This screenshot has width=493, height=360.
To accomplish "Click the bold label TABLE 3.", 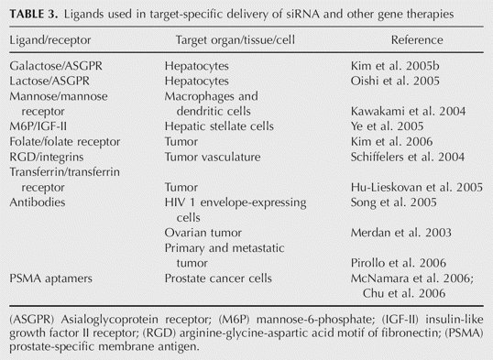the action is pyautogui.click(x=34, y=14).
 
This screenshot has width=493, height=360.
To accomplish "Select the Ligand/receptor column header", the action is pyautogui.click(x=50, y=40).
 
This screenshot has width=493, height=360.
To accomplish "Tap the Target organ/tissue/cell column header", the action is pyautogui.click(x=236, y=40).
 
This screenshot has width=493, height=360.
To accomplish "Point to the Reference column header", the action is pyautogui.click(x=417, y=40).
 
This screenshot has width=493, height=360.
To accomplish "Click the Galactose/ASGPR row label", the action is pyautogui.click(x=56, y=66).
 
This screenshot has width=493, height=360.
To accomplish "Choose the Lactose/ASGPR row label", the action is pyautogui.click(x=49, y=82).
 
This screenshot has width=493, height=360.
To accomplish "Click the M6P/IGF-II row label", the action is pyautogui.click(x=38, y=126).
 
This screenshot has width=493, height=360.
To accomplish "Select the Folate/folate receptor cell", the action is pyautogui.click(x=65, y=142).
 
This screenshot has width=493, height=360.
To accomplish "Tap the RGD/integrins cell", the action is pyautogui.click(x=47, y=157).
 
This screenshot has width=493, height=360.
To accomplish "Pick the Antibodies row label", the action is pyautogui.click(x=38, y=202).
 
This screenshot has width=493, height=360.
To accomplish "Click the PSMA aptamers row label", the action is pyautogui.click(x=51, y=278).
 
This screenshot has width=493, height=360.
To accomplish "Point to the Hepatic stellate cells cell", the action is pyautogui.click(x=219, y=126).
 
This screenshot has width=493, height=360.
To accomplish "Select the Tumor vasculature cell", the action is pyautogui.click(x=213, y=157).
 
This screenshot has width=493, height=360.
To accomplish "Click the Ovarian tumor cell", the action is pyautogui.click(x=203, y=233).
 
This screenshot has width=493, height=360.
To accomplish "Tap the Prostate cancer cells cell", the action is pyautogui.click(x=218, y=278).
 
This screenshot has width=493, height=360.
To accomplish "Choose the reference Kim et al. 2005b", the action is pyautogui.click(x=395, y=66).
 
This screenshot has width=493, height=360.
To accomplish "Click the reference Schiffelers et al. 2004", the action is pyautogui.click(x=408, y=157).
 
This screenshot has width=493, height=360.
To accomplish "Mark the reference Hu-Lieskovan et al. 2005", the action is pyautogui.click(x=417, y=188).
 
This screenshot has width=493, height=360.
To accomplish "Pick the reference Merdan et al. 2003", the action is pyautogui.click(x=400, y=233).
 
